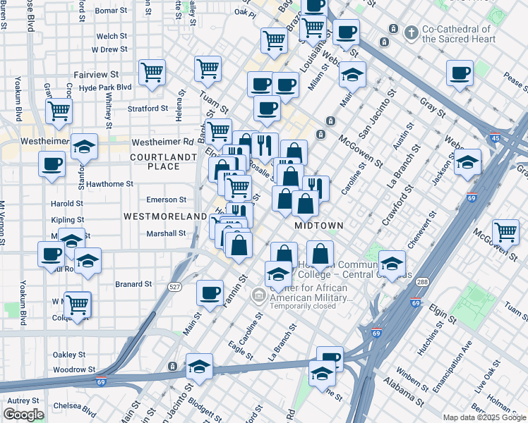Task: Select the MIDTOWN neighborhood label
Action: click(318, 226)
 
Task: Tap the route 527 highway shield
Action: click(174, 287)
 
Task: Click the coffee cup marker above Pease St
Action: click(460, 73)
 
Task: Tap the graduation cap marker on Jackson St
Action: click(467, 161)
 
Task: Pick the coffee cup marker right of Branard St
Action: click(209, 293)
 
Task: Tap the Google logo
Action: click(24, 415)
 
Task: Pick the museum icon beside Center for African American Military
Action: click(259, 294)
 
